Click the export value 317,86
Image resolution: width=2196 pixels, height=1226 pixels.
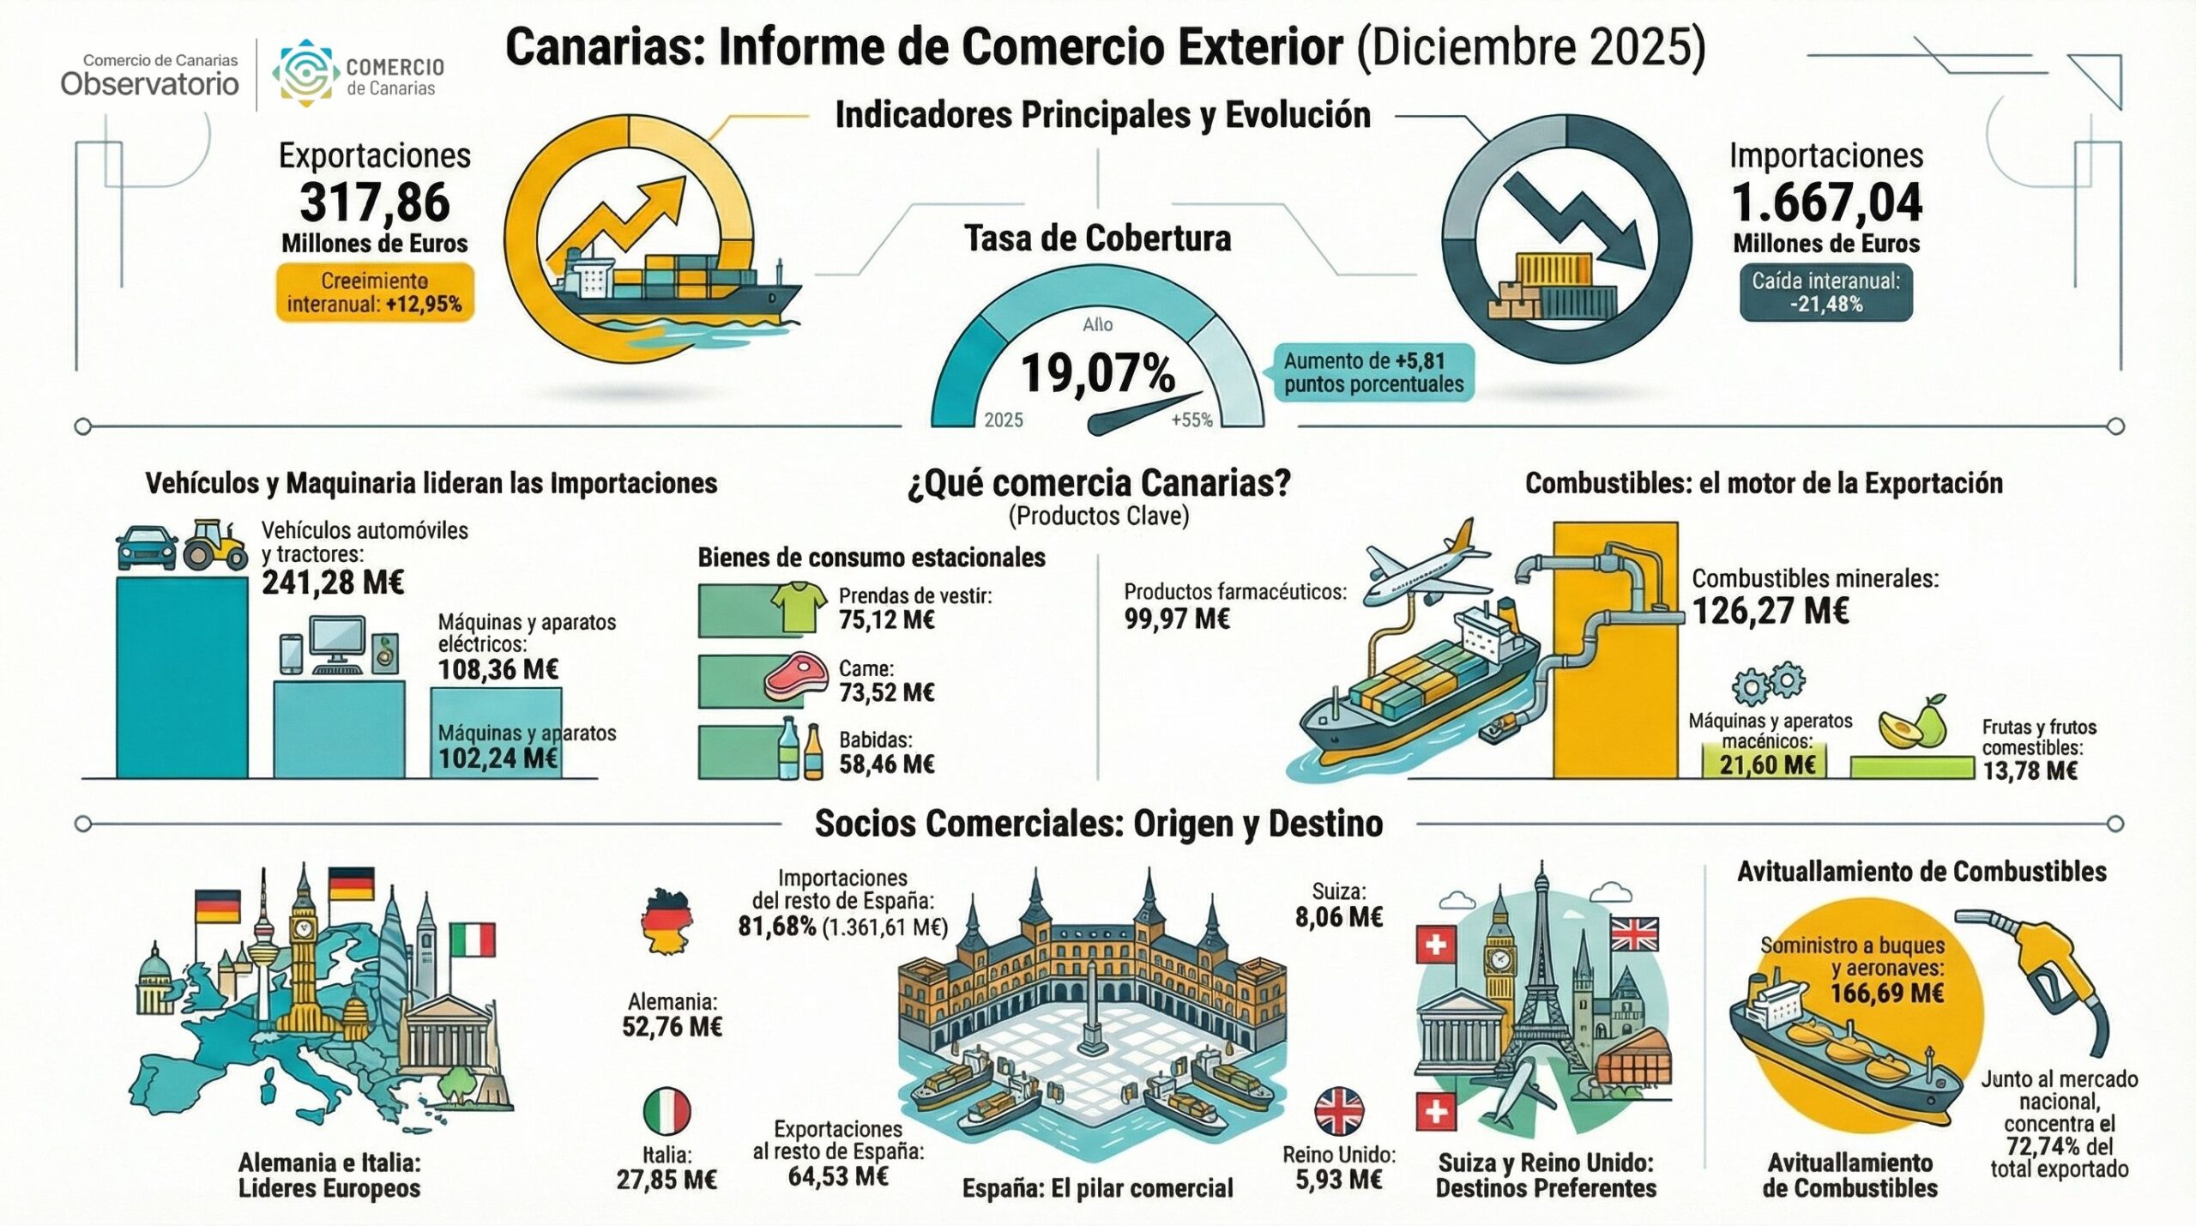(x=375, y=203)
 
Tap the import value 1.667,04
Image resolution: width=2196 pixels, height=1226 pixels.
(x=1826, y=203)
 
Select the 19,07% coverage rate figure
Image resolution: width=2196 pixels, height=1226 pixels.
(x=1097, y=374)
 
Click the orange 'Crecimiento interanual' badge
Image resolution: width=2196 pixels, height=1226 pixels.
(x=375, y=293)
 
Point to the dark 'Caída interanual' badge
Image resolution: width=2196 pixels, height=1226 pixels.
(x=1825, y=293)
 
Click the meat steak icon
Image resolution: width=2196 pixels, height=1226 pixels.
(x=796, y=676)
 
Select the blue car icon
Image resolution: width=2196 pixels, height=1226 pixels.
(x=146, y=547)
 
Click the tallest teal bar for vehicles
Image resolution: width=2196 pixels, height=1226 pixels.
(x=182, y=678)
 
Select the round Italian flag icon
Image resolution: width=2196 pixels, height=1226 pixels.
(x=667, y=1111)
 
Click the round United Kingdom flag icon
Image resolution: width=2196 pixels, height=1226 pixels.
(x=1338, y=1111)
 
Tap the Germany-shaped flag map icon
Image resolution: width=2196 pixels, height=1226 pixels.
(x=666, y=922)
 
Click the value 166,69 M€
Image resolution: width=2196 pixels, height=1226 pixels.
(x=1886, y=993)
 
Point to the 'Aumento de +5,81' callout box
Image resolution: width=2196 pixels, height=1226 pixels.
(x=1372, y=372)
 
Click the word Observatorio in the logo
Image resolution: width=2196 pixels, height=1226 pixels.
(x=150, y=84)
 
